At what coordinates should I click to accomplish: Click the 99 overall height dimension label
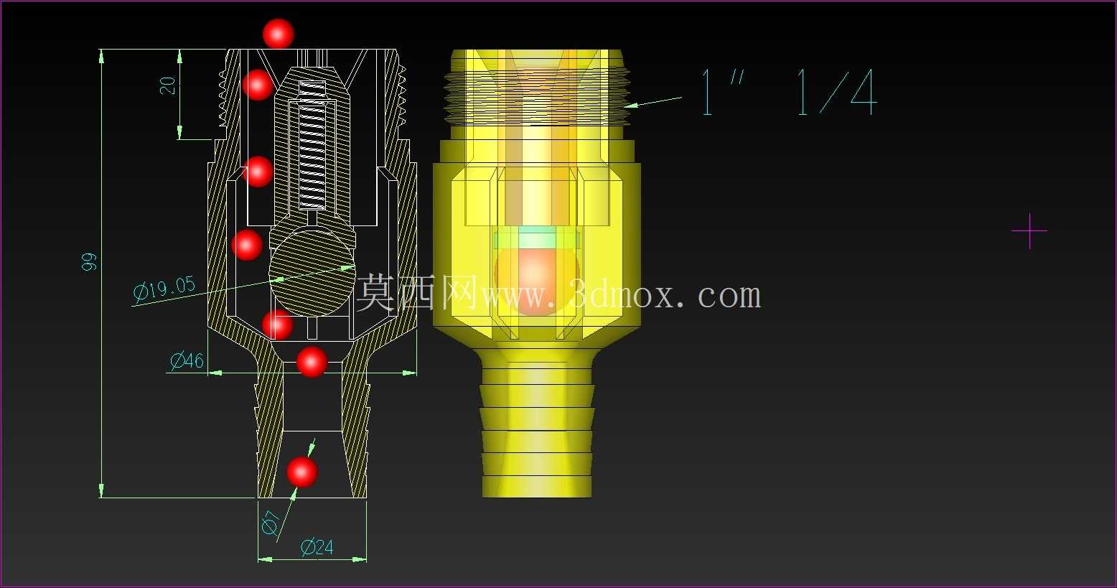click(x=89, y=262)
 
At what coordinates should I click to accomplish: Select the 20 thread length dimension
click(x=168, y=85)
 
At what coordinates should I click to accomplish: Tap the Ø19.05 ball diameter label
click(x=164, y=289)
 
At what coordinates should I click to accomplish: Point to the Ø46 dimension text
click(x=187, y=360)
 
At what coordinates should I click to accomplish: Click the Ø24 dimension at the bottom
click(x=317, y=547)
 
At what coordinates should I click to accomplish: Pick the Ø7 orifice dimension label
click(x=271, y=523)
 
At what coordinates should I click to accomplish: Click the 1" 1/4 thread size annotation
click(x=788, y=93)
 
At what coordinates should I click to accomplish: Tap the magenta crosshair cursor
click(x=1029, y=231)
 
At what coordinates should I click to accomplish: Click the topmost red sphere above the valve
click(x=279, y=34)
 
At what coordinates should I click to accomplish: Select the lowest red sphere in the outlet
click(x=302, y=472)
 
